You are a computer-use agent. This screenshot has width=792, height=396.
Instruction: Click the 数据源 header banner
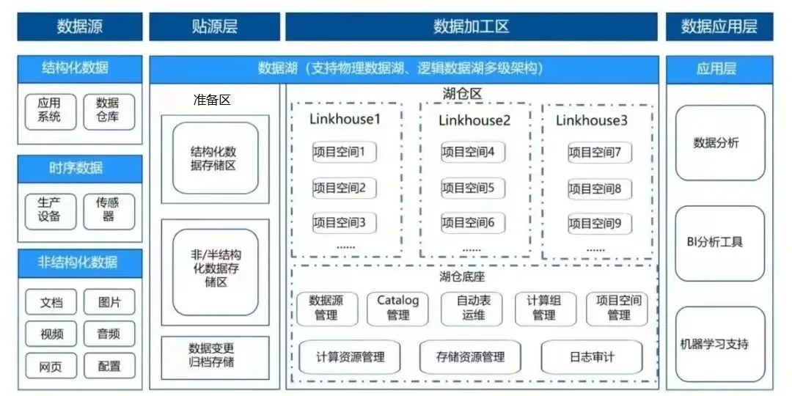(x=80, y=27)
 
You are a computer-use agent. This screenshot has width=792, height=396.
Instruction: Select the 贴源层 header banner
(x=214, y=27)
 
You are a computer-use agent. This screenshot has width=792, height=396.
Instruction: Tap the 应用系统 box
(x=49, y=110)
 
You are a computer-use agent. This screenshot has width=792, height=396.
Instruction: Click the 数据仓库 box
(x=108, y=110)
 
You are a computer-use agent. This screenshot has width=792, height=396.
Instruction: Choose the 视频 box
(x=51, y=334)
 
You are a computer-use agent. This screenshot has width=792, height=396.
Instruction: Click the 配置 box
(x=109, y=365)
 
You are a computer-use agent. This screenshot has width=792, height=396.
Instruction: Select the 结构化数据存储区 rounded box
(x=215, y=158)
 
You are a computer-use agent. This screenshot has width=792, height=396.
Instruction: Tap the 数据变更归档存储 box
(x=215, y=355)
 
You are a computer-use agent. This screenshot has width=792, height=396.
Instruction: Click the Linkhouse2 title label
(x=474, y=120)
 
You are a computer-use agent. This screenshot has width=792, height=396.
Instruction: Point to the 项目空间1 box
(x=344, y=153)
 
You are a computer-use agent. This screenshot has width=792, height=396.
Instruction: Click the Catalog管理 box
(x=397, y=307)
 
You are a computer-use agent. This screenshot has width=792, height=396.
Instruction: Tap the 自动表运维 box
(x=470, y=307)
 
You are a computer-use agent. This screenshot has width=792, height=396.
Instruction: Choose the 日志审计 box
(x=592, y=357)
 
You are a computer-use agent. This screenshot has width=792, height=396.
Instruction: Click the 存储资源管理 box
(x=470, y=357)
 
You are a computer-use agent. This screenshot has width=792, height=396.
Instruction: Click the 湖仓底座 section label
(x=462, y=276)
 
